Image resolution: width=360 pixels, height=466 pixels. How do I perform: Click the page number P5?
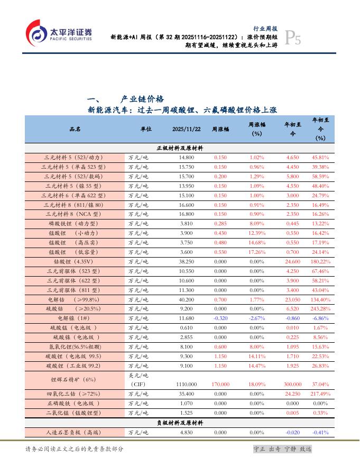coord(293,38)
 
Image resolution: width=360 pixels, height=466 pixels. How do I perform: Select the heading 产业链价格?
coord(142,99)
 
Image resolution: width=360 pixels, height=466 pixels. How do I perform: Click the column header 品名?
coord(75,129)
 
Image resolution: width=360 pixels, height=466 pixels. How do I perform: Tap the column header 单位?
coord(146,129)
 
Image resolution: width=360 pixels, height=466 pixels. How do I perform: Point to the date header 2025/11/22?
coord(186,129)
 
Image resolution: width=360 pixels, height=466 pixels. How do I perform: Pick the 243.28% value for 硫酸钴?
coord(320,309)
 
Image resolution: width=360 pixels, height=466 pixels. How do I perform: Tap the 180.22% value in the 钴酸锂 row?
coord(320,261)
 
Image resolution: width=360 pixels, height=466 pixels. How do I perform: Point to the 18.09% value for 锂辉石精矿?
coord(257,384)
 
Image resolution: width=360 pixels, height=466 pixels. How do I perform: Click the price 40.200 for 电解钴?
coord(186,299)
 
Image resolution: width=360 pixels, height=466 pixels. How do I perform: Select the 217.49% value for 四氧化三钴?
coord(320,394)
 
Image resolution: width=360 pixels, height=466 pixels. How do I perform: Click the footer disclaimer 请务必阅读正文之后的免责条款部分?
coord(75,449)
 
